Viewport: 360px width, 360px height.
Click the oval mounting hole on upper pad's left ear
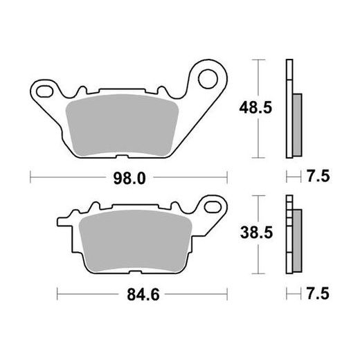(46, 89)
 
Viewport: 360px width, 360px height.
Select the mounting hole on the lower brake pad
(210, 205)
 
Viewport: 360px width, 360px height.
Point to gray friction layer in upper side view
(298, 125)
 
